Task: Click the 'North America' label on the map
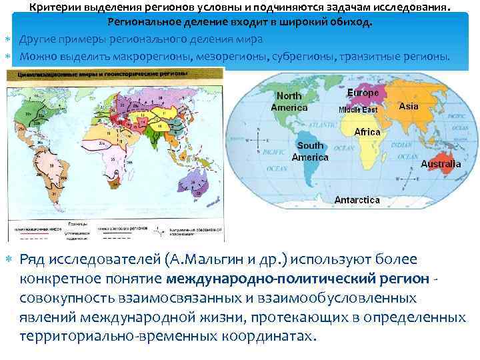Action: tap(289, 102)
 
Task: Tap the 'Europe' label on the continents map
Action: tap(363, 93)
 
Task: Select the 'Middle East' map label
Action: tap(358, 109)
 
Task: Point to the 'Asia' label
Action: tap(408, 106)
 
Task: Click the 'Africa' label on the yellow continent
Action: tap(367, 132)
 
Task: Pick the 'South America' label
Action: tap(311, 151)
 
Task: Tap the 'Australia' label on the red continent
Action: tap(441, 163)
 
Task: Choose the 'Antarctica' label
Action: tap(357, 199)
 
